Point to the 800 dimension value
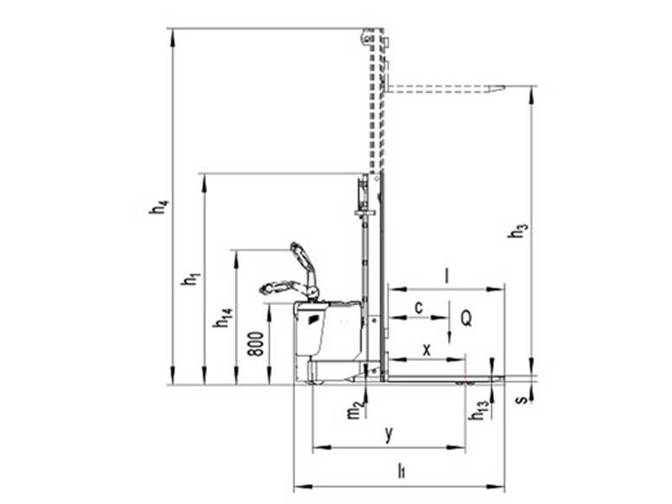click(256, 343)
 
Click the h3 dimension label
click(517, 230)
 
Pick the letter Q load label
click(466, 318)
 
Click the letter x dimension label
click(426, 350)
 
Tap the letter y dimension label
click(388, 435)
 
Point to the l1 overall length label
click(401, 470)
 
